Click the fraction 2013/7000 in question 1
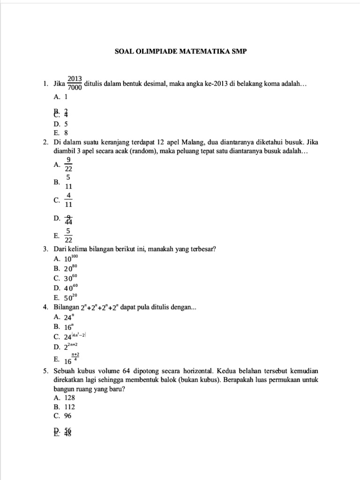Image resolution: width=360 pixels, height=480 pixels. (75, 83)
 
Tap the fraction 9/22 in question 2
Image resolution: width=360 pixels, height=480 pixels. (68, 164)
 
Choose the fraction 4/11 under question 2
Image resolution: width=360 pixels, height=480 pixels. (68, 200)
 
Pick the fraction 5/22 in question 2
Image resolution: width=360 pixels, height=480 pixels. (68, 235)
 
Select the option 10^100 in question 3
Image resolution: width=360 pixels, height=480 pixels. (71, 258)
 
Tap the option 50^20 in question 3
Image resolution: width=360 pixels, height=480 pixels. (70, 297)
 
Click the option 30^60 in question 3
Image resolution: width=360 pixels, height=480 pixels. (70, 277)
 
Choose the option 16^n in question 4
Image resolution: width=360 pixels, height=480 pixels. (69, 326)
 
